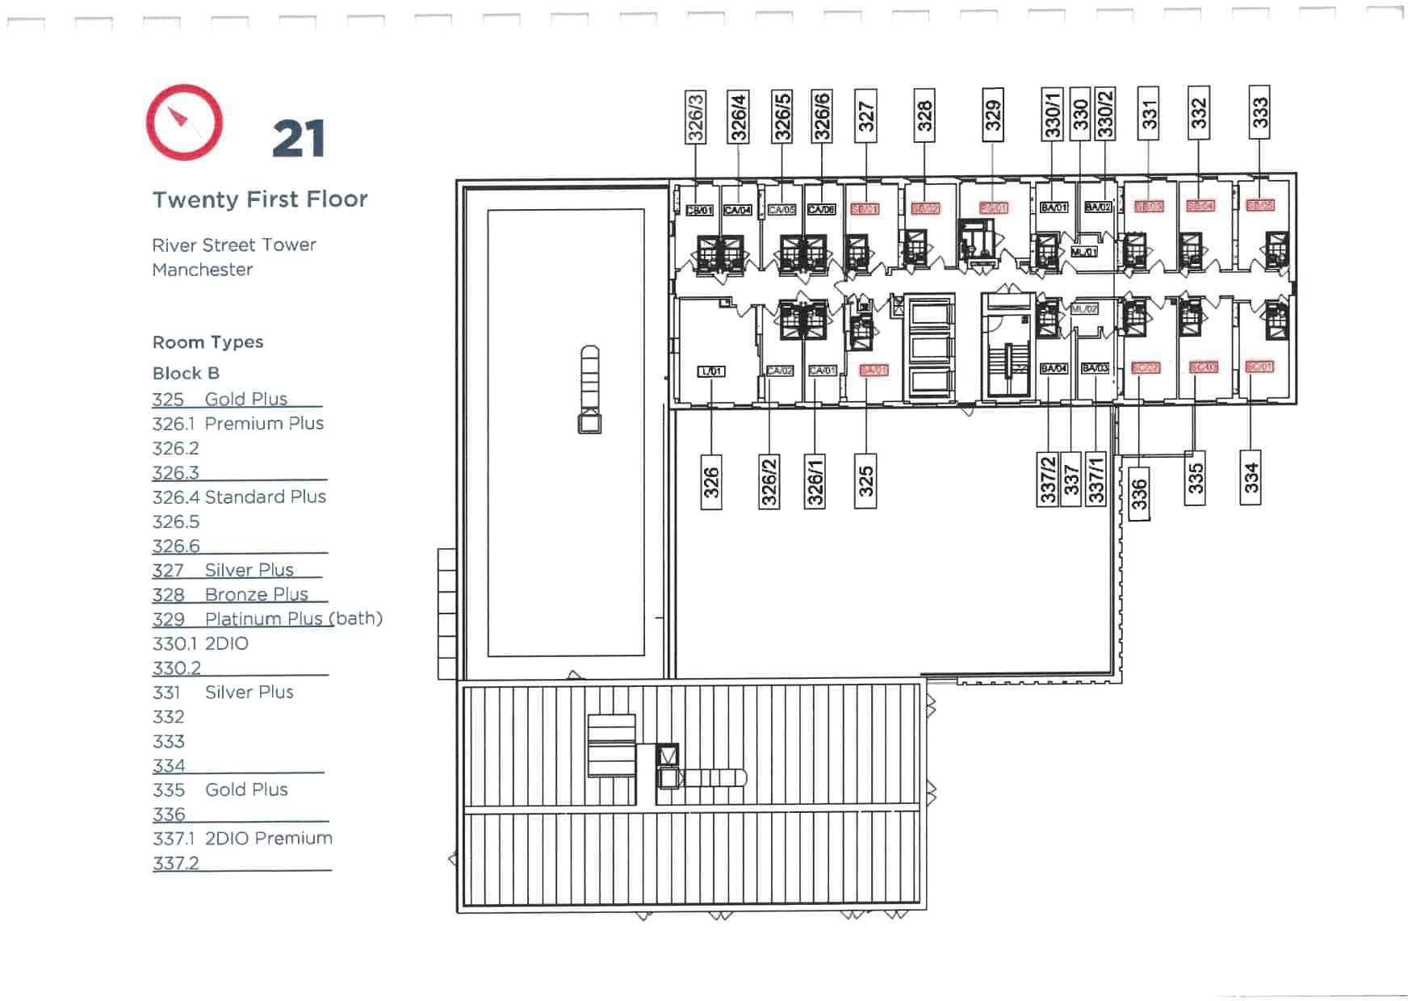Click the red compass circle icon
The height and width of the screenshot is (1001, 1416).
pyautogui.click(x=184, y=123)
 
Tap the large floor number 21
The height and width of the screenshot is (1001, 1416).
pyautogui.click(x=299, y=139)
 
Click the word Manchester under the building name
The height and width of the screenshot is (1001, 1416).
pyautogui.click(x=203, y=270)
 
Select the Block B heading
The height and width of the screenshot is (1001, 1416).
pyautogui.click(x=186, y=373)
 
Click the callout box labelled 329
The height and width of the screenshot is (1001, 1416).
pyautogui.click(x=993, y=115)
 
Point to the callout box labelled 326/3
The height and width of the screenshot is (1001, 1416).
pyautogui.click(x=695, y=117)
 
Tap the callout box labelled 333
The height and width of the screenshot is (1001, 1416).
pyautogui.click(x=1259, y=112)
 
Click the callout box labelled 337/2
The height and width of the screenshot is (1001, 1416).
pyautogui.click(x=1048, y=480)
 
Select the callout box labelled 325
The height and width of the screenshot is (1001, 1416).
pyautogui.click(x=865, y=481)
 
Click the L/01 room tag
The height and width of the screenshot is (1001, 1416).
pyautogui.click(x=711, y=371)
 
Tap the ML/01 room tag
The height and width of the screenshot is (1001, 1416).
pyautogui.click(x=1083, y=253)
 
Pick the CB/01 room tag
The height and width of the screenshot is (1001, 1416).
pyautogui.click(x=699, y=210)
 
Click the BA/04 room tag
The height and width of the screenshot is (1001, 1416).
pyautogui.click(x=1054, y=368)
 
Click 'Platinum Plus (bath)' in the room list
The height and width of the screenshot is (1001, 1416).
pyautogui.click(x=293, y=618)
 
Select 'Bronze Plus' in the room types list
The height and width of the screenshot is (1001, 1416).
pyautogui.click(x=256, y=594)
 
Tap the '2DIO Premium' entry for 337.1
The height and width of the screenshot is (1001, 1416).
pyautogui.click(x=268, y=838)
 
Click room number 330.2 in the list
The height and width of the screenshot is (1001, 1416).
pyautogui.click(x=176, y=668)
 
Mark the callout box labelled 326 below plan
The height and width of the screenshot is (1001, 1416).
pyautogui.click(x=710, y=483)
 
